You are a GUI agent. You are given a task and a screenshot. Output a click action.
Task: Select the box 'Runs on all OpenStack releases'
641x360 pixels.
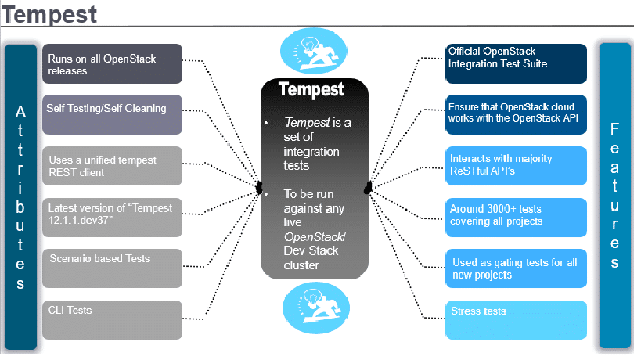click(x=112, y=64)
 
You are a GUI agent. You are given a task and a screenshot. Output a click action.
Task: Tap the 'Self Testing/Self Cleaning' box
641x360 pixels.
click(x=112, y=114)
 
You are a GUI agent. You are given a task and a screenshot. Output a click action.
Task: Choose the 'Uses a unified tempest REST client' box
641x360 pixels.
click(x=112, y=166)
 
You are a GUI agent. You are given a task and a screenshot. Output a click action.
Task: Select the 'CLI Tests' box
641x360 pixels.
click(x=112, y=320)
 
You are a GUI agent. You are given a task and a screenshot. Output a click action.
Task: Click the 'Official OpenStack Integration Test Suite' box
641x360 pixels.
click(x=517, y=63)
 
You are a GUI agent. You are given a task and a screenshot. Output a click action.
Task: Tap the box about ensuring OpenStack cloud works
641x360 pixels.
click(x=517, y=114)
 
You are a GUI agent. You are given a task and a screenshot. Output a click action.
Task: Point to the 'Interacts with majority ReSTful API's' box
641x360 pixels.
click(x=517, y=165)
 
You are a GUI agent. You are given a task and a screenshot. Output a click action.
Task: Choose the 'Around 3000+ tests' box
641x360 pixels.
click(x=517, y=217)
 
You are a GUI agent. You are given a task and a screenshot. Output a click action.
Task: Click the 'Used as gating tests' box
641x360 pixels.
click(x=517, y=268)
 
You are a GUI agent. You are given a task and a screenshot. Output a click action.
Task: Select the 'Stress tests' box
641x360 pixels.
click(x=517, y=320)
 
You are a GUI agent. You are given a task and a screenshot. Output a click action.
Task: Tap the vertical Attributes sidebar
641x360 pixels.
click(x=21, y=196)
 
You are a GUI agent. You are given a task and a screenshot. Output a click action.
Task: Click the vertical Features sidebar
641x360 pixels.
click(x=615, y=196)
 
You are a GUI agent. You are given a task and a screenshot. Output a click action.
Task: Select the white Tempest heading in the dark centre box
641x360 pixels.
click(x=311, y=89)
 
